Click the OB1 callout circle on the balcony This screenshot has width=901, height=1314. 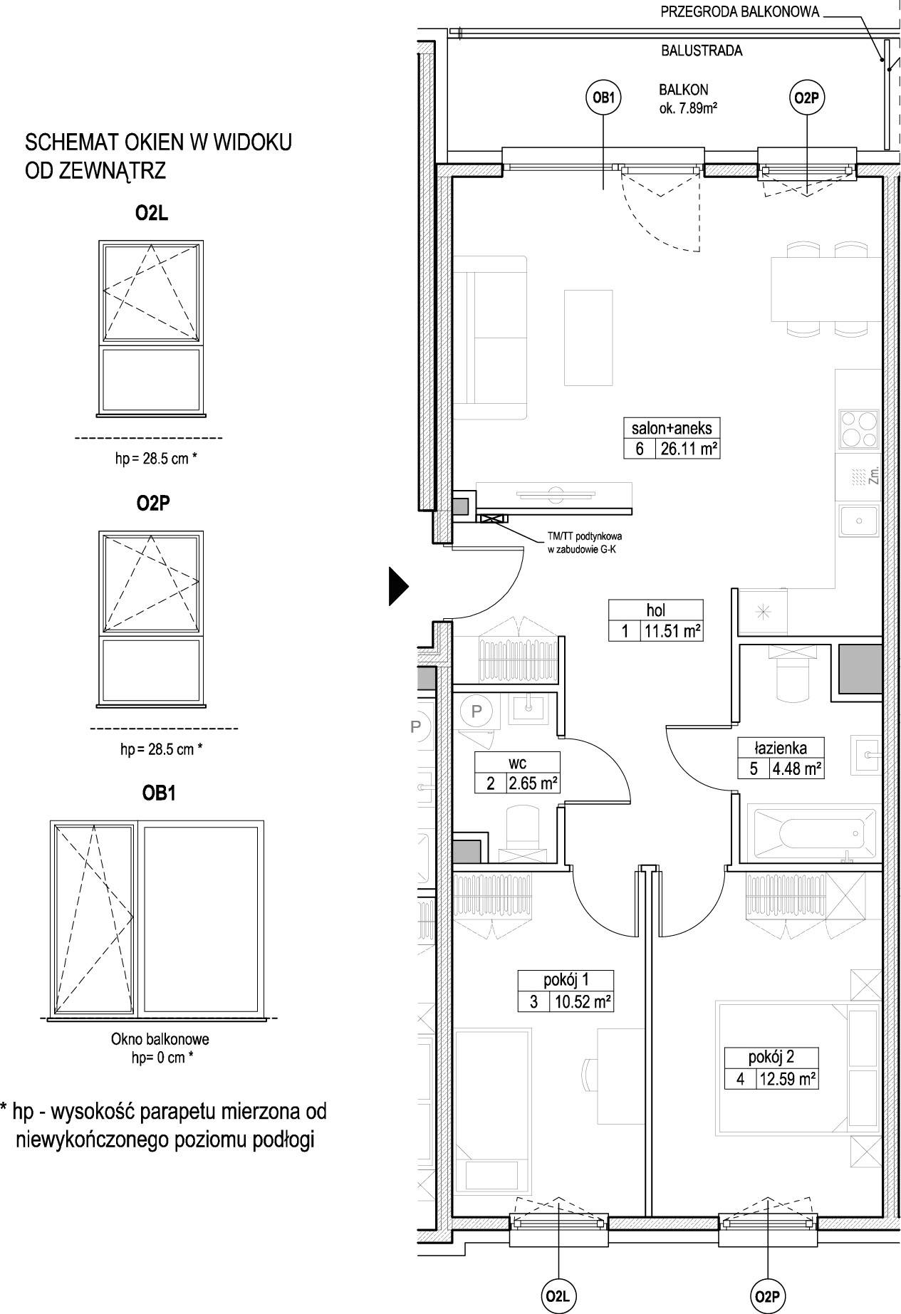603,99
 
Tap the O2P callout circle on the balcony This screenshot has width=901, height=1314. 807,99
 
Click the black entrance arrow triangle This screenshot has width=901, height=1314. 399,585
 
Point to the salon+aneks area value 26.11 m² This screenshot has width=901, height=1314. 688,449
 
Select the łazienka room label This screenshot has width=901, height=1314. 781,747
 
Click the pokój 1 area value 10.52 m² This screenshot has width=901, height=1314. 581,1001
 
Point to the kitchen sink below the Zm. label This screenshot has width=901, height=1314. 860,521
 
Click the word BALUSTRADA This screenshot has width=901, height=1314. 702,51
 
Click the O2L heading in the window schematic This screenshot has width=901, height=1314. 152,214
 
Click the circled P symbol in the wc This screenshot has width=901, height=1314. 476,710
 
